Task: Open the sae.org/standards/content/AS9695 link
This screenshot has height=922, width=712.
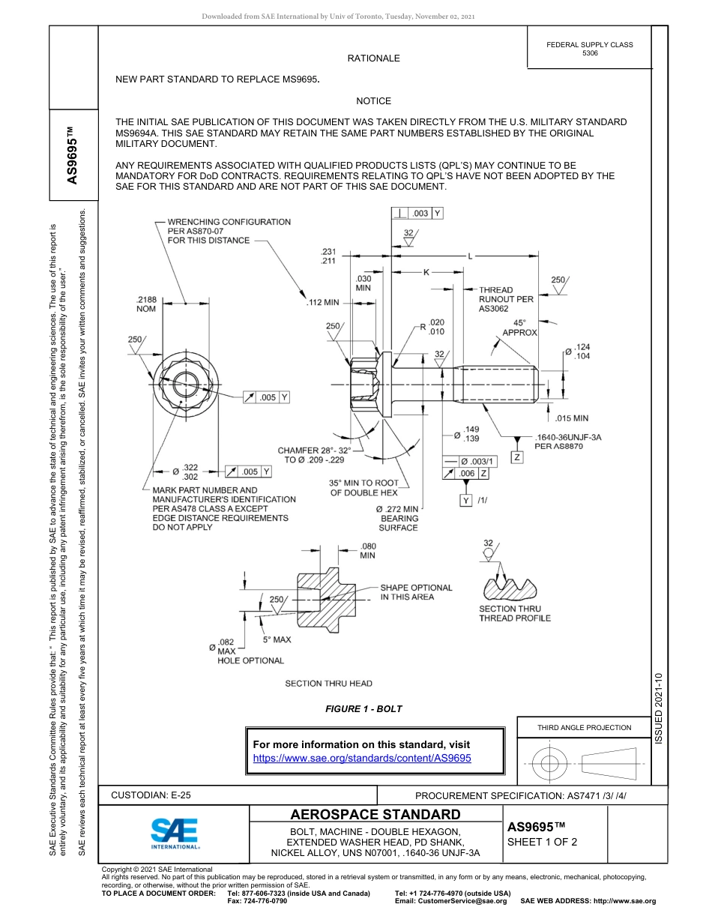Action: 362,758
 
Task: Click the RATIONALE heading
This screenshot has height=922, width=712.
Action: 373,58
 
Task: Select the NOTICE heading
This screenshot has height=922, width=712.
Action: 373,100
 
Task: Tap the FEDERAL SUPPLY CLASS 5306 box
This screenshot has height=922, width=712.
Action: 589,49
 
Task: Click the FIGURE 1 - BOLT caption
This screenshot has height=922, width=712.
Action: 363,708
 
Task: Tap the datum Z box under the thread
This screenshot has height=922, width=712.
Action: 517,457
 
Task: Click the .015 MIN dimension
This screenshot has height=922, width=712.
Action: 571,418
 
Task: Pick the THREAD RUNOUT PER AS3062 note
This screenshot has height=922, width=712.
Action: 506,299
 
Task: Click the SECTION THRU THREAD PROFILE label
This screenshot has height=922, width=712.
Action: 514,613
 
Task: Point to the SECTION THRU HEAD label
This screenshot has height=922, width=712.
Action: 328,683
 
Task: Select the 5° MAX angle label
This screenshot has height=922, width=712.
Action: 277,640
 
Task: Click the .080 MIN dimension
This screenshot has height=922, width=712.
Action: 368,551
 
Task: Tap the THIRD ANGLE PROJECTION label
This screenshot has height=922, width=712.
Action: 584,727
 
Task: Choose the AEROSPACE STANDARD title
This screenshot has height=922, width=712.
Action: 375,815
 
